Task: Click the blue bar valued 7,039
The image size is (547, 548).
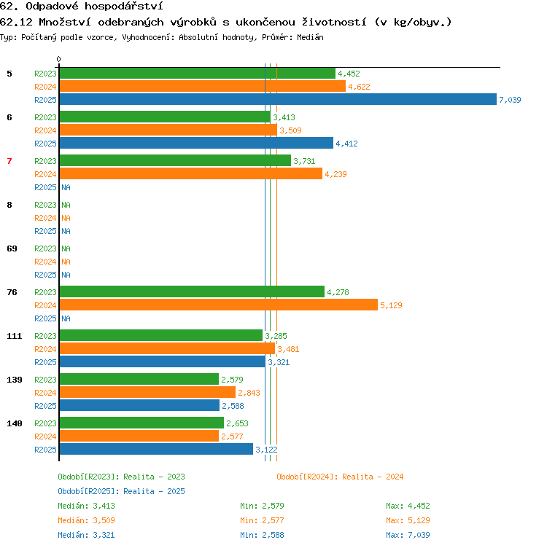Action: click(278, 99)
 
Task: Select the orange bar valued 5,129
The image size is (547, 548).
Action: click(219, 305)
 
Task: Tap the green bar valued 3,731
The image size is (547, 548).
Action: click(175, 160)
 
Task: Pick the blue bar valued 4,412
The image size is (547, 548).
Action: click(197, 143)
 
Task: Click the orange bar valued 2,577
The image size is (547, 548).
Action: click(139, 436)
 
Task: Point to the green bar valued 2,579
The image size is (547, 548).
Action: click(139, 379)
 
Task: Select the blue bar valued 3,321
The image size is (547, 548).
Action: click(163, 361)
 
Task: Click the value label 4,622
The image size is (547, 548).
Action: click(359, 87)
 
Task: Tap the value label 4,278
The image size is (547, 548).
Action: click(338, 292)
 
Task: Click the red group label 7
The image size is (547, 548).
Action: click(9, 161)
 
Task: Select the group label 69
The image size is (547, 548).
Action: click(12, 248)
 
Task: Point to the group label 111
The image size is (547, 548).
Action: click(15, 336)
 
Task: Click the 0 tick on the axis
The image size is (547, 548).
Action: click(59, 59)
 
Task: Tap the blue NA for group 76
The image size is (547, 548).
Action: click(66, 318)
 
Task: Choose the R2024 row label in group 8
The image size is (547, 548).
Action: click(45, 218)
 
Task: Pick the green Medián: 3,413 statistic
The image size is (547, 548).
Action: click(86, 506)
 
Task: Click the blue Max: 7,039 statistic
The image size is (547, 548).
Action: click(408, 535)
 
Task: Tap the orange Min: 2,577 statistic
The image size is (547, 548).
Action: click(262, 520)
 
